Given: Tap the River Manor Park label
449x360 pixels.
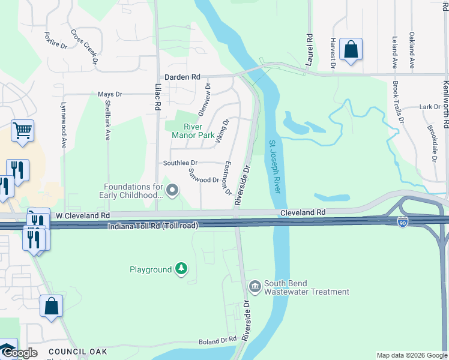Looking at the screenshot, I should pyautogui.click(x=193, y=131).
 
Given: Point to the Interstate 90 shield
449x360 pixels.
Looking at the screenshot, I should pyautogui.click(x=402, y=221).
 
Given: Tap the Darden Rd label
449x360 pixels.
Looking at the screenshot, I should pyautogui.click(x=182, y=77).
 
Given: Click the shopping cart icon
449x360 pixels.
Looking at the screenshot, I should pyautogui.click(x=22, y=130).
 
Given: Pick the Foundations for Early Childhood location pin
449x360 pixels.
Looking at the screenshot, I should pyautogui.click(x=173, y=191).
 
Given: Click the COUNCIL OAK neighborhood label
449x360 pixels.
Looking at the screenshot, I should pyautogui.click(x=77, y=352).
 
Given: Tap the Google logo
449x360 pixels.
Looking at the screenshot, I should pyautogui.click(x=19, y=353).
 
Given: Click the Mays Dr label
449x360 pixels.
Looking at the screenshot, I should pyautogui.click(x=110, y=94).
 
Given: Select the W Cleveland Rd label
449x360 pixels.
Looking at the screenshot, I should pyautogui.click(x=83, y=215).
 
